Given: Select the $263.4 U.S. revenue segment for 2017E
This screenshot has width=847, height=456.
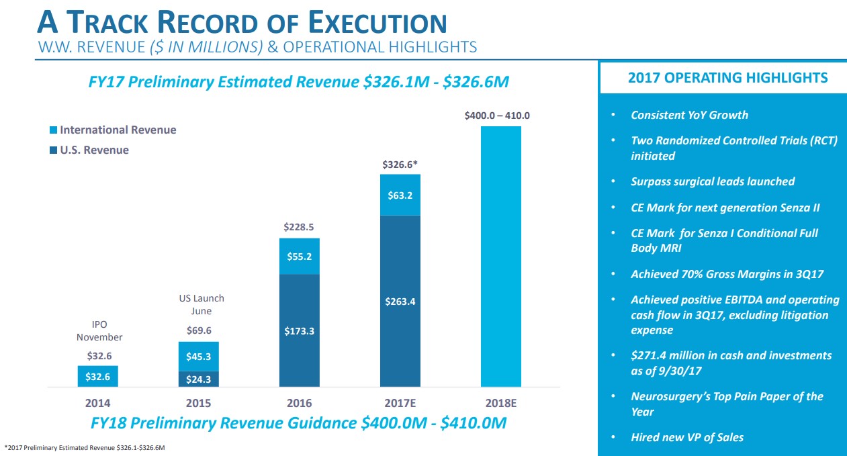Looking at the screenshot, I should pyautogui.click(x=400, y=302).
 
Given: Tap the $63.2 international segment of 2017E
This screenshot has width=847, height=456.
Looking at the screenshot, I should pyautogui.click(x=400, y=195).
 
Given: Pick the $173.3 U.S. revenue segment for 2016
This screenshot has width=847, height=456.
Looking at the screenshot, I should pyautogui.click(x=300, y=331).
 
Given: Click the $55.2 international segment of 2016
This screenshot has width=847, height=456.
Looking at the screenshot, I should pyautogui.click(x=300, y=257).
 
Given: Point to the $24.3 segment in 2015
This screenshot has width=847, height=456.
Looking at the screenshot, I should pyautogui.click(x=199, y=379).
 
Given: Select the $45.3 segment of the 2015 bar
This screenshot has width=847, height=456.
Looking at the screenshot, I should pyautogui.click(x=199, y=357).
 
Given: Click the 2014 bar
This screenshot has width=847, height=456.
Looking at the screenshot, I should pyautogui.click(x=98, y=377).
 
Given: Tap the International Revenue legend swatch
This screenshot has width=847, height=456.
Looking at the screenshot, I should pyautogui.click(x=54, y=130).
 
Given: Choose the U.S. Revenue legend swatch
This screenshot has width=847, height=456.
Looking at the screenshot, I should pyautogui.click(x=54, y=150).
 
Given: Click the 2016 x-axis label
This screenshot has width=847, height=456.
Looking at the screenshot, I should pyautogui.click(x=300, y=404).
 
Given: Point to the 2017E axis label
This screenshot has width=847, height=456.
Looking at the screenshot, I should pyautogui.click(x=400, y=404).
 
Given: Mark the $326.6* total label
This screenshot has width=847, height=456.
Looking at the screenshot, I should pyautogui.click(x=400, y=164).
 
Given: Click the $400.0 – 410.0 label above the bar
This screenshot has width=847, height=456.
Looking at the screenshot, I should pyautogui.click(x=497, y=116).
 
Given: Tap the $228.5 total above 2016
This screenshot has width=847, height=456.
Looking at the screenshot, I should pyautogui.click(x=300, y=227).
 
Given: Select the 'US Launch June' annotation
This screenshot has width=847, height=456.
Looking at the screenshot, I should pyautogui.click(x=202, y=304).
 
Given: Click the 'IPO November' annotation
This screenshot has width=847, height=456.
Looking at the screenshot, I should pyautogui.click(x=99, y=330).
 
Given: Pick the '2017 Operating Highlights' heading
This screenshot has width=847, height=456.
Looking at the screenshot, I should pyautogui.click(x=727, y=78).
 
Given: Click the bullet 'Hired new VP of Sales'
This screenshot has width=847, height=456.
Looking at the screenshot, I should pyautogui.click(x=687, y=437).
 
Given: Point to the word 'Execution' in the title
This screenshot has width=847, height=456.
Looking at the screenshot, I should pyautogui.click(x=377, y=24).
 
